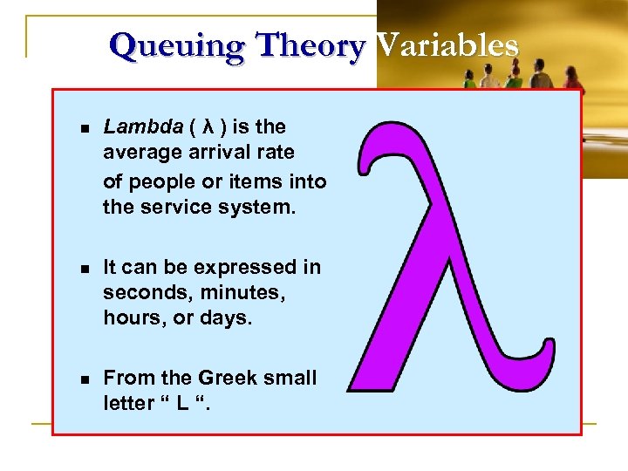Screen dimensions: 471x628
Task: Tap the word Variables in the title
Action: click(x=447, y=45)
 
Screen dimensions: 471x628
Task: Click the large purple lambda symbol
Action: click(x=449, y=262)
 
